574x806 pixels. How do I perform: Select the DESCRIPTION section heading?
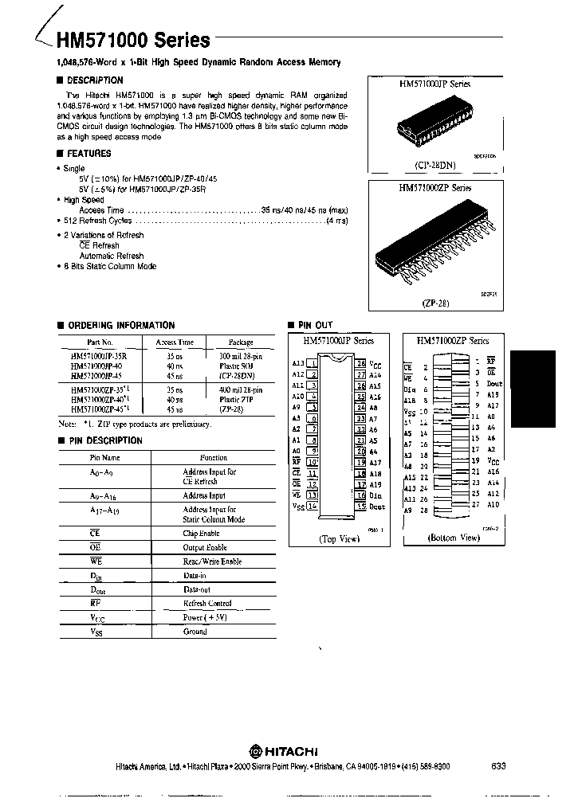(x=94, y=80)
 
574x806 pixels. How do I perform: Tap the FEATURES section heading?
(x=88, y=154)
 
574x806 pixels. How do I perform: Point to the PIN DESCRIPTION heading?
(x=104, y=440)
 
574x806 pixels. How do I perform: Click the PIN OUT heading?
(x=315, y=325)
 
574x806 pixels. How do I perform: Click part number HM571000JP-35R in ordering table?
(x=98, y=356)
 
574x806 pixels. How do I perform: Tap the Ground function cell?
(x=195, y=632)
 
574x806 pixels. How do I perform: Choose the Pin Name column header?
(x=104, y=458)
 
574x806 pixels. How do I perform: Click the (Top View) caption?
(x=340, y=539)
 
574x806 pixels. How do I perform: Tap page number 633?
(x=499, y=765)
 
